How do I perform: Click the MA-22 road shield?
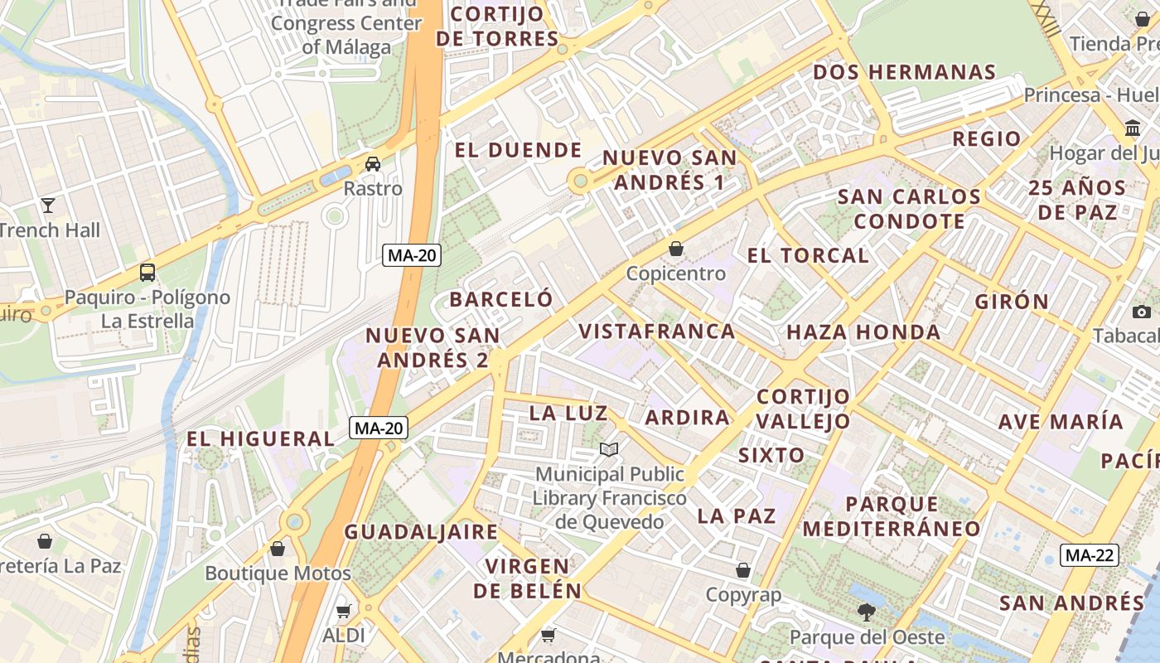(1090, 555)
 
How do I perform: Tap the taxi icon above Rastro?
(373, 163)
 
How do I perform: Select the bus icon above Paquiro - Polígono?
(147, 272)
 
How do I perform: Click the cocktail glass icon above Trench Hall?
(48, 205)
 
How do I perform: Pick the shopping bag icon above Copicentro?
(676, 249)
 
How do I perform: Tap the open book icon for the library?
(609, 449)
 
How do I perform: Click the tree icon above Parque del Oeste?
(867, 612)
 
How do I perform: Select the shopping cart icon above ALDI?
(344, 612)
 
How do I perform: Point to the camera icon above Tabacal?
(1142, 312)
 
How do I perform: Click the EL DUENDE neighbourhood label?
(519, 150)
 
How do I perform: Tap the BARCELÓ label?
(500, 299)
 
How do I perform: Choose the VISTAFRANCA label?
(657, 331)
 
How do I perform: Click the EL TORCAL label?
(808, 255)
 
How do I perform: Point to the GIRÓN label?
(1012, 302)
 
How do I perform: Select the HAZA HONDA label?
(863, 332)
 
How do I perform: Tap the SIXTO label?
(771, 455)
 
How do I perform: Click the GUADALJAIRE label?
(421, 532)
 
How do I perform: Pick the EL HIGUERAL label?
(260, 439)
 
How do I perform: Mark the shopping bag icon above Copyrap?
(743, 570)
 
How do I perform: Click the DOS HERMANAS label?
(904, 72)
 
